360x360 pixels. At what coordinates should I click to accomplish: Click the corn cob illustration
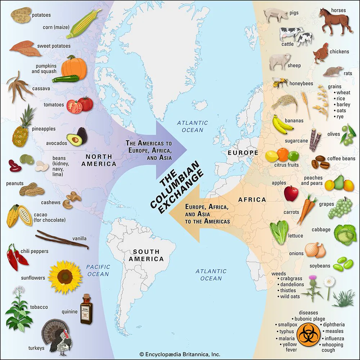tap(82, 23)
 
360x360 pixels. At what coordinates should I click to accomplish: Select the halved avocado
tap(76, 139)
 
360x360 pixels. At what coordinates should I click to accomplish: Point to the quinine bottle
tap(86, 309)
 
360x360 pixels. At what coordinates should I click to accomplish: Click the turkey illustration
tap(58, 337)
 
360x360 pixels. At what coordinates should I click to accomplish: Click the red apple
tap(291, 193)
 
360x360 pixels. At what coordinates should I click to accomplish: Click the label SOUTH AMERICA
tap(148, 255)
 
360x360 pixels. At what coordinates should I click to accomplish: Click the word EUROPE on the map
tap(243, 153)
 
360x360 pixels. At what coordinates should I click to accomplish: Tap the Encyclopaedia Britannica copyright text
tap(180, 354)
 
